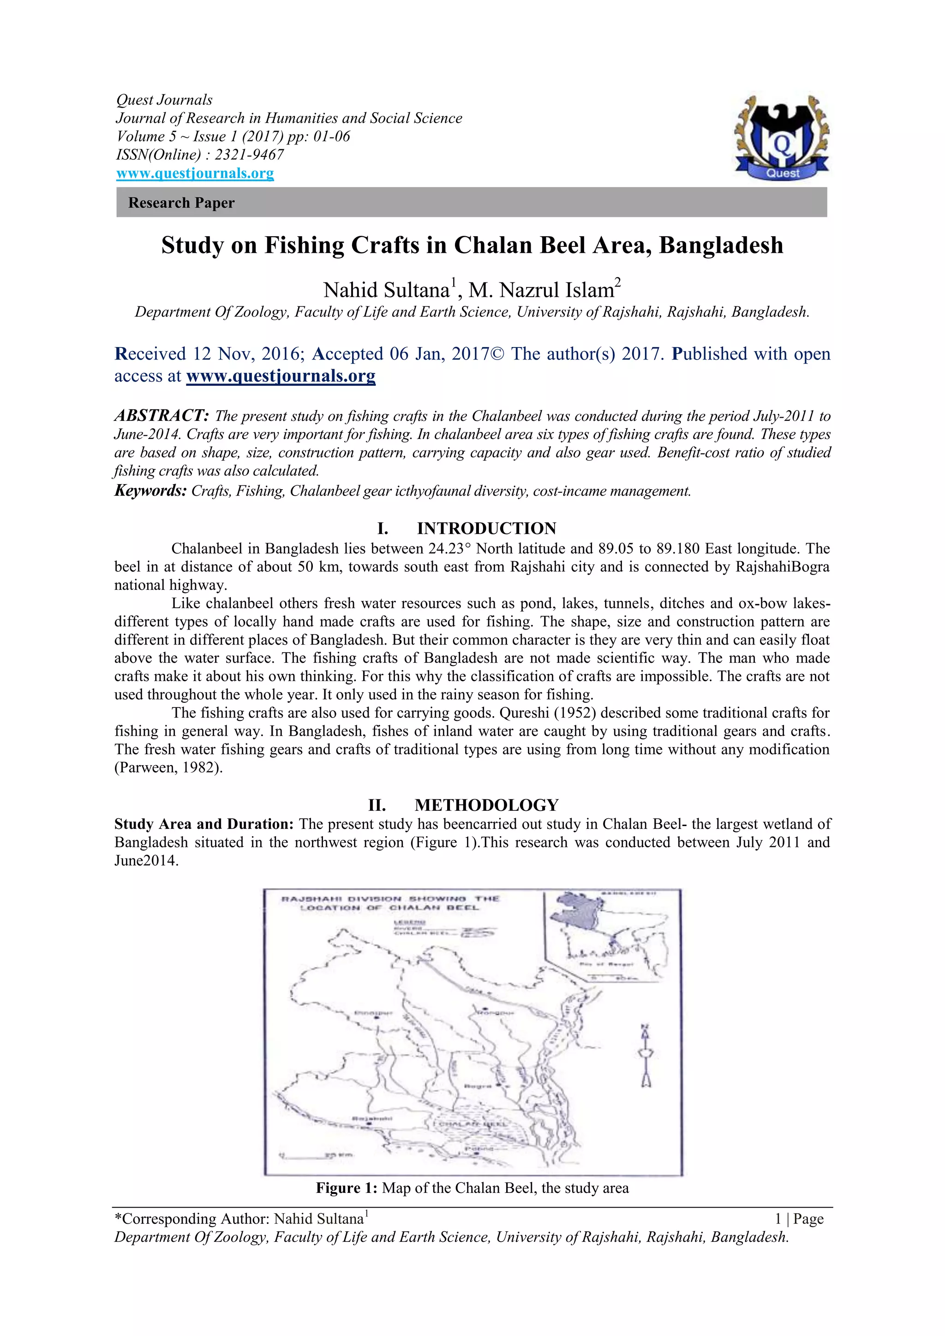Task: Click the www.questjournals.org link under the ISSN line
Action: click(x=195, y=174)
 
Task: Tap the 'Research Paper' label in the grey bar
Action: click(x=181, y=203)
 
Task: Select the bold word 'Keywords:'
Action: click(x=150, y=491)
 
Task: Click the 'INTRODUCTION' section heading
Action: click(x=486, y=528)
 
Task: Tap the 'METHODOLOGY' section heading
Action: click(x=486, y=805)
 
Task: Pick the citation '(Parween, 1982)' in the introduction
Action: click(x=168, y=767)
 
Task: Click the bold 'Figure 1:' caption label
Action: click(x=347, y=1188)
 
